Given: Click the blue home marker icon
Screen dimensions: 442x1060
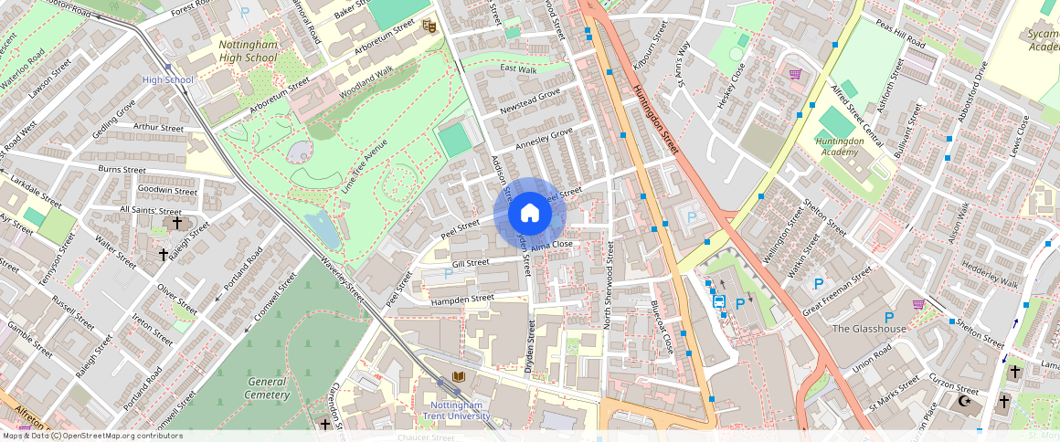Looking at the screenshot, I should coord(530,214).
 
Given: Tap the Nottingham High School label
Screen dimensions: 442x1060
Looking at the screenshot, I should coord(248,51).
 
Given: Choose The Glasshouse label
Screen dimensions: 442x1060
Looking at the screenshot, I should coord(869,329).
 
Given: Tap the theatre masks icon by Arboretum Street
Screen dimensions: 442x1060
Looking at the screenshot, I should coord(428,27).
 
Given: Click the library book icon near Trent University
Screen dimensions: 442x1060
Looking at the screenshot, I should coord(457,378).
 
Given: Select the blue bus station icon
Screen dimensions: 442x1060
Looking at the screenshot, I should coord(718,302).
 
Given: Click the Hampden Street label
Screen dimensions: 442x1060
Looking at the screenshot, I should coord(462,298).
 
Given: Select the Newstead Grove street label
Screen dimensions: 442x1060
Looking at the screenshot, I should coord(530,102).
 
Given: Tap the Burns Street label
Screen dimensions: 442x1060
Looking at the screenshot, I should coord(122,170).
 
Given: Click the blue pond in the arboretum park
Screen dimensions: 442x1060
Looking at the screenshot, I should coord(323,228).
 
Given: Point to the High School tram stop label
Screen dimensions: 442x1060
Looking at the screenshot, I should coord(168,80).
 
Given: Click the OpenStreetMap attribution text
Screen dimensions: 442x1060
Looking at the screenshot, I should coord(92,436).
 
